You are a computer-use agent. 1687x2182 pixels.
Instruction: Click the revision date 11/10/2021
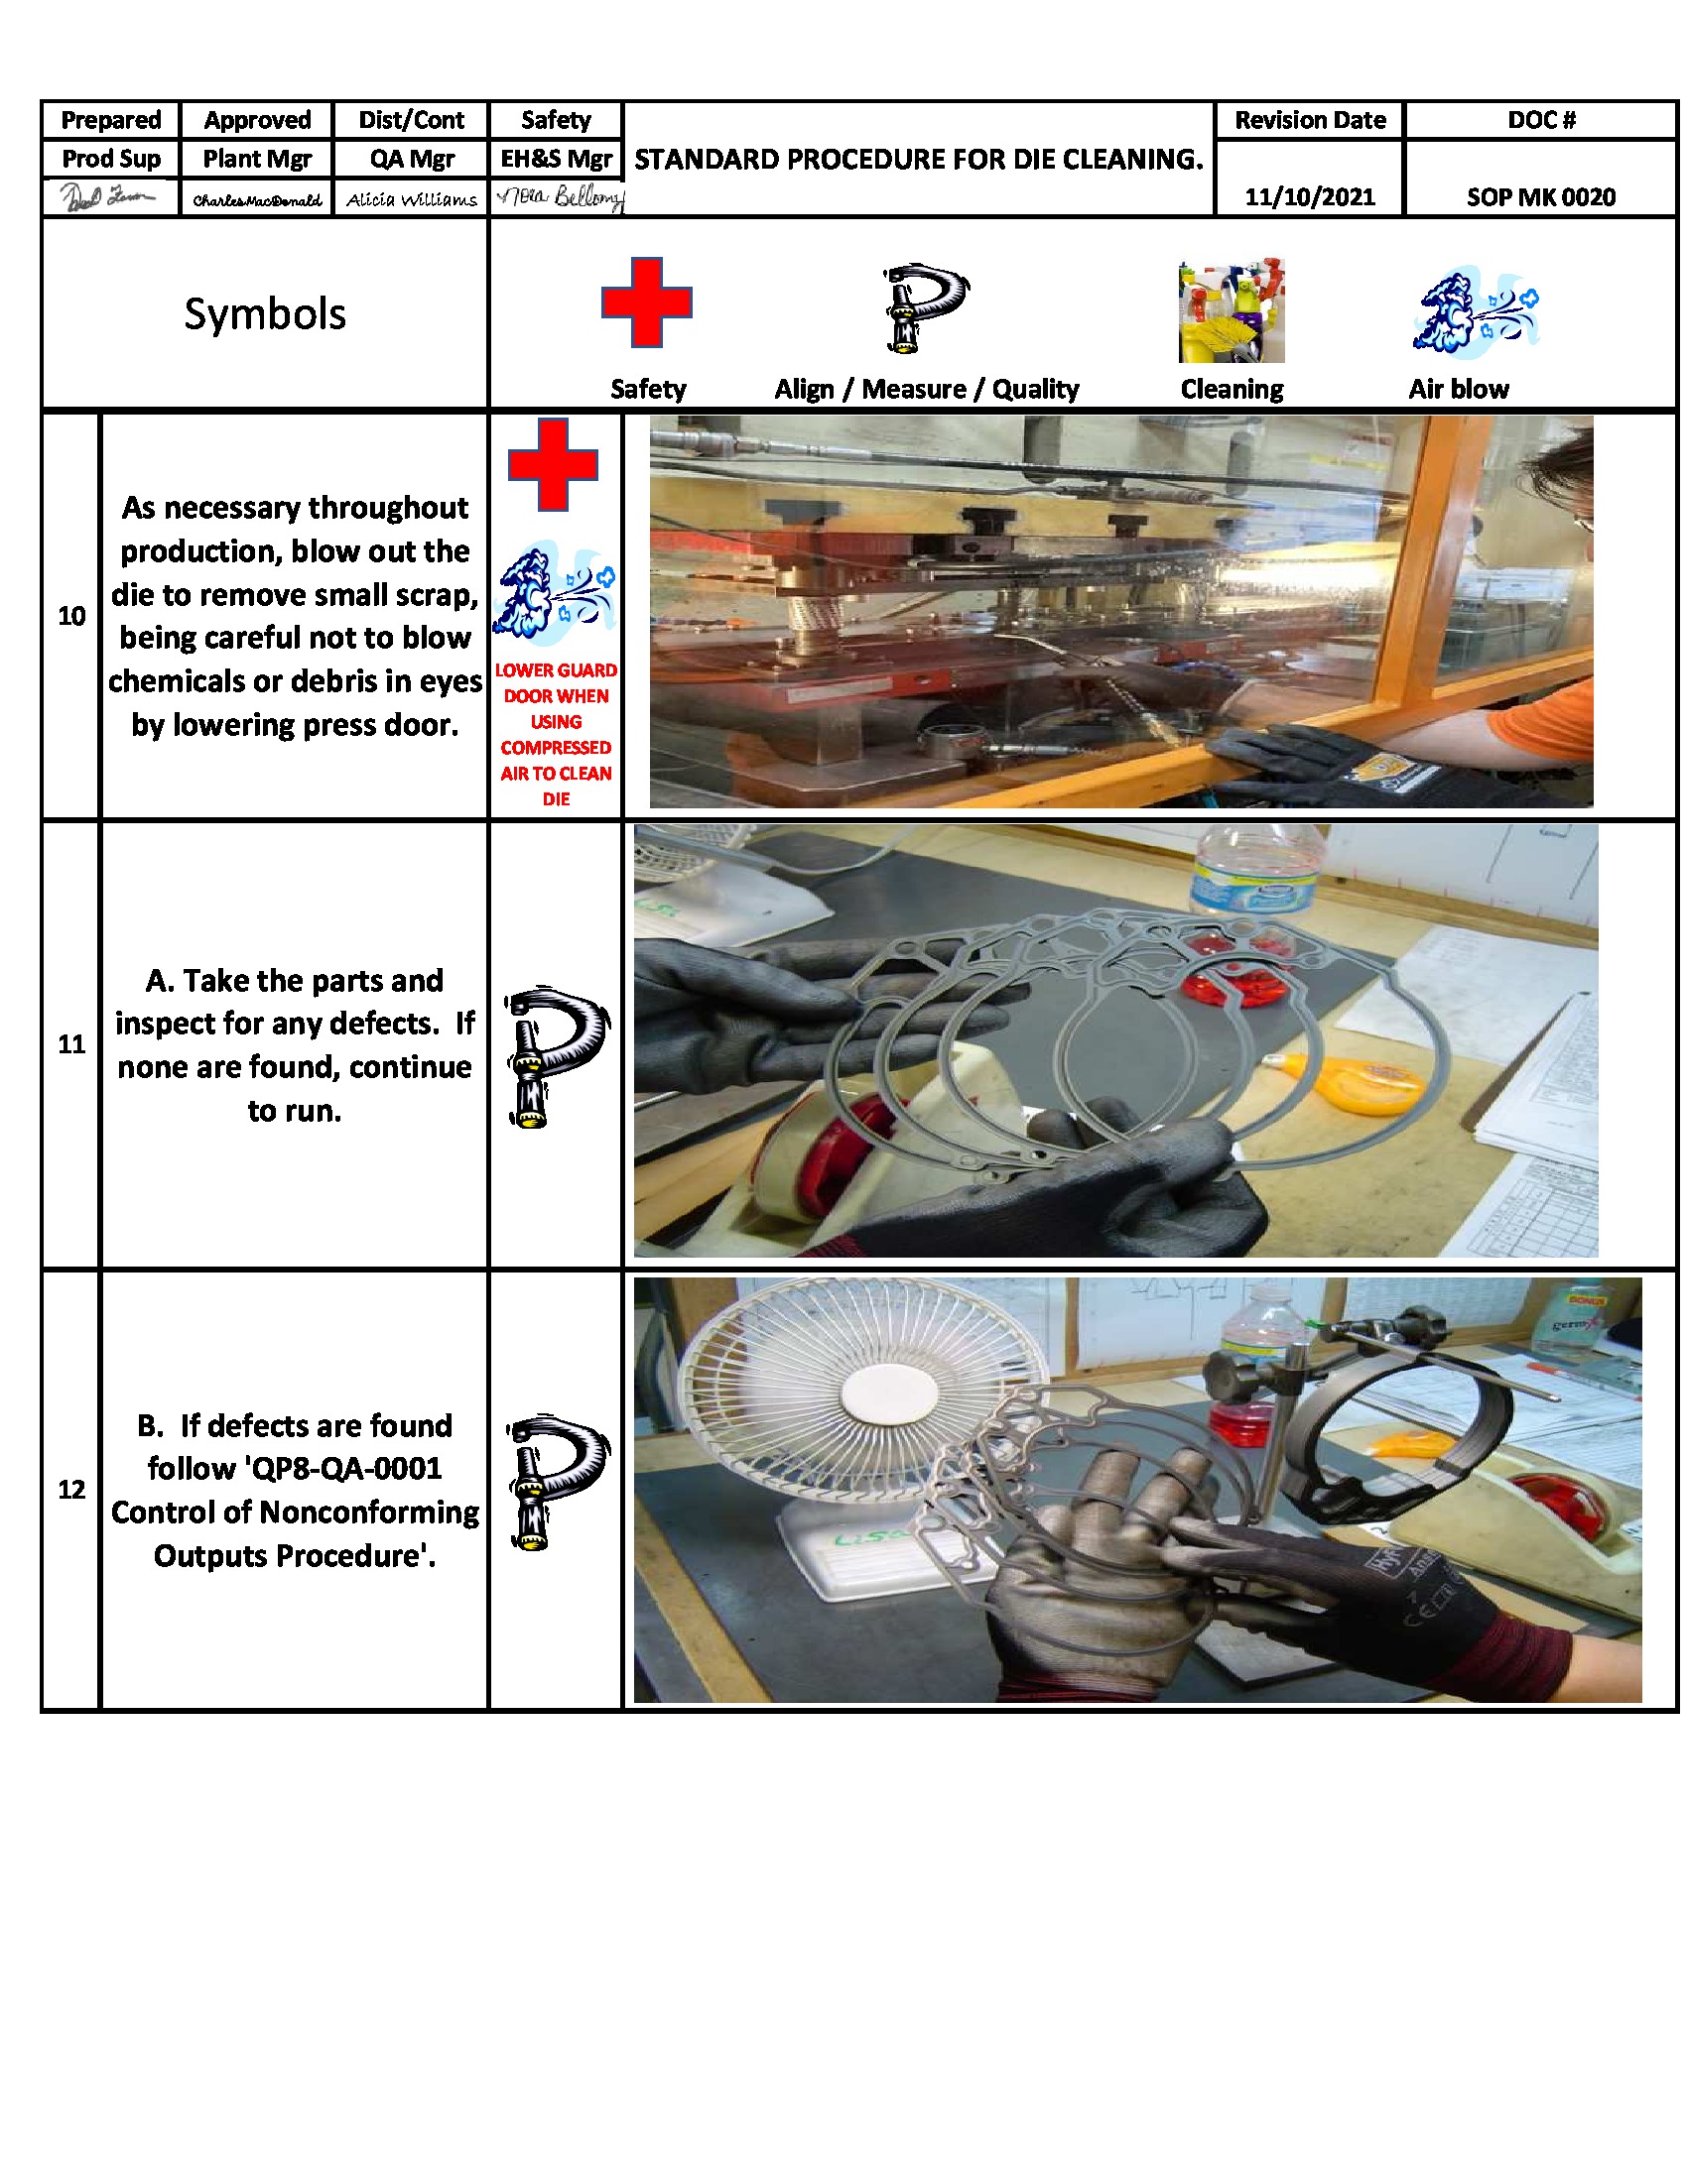(x=1309, y=196)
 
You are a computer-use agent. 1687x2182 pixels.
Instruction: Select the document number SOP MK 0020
(x=1540, y=196)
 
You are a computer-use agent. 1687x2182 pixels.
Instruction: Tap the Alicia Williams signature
(x=411, y=199)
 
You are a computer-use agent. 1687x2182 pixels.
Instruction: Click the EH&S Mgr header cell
(x=556, y=159)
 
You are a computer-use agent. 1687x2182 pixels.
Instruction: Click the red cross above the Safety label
(x=646, y=302)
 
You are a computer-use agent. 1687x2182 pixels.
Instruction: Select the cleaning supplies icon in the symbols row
(x=1231, y=310)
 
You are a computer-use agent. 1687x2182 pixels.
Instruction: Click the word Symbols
(x=265, y=313)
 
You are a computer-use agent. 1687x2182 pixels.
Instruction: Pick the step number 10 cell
(x=71, y=616)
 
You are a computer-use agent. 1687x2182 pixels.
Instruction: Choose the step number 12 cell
(x=71, y=1490)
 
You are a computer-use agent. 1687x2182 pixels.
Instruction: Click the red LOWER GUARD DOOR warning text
(x=556, y=733)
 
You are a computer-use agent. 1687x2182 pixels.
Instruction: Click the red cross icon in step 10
(x=553, y=464)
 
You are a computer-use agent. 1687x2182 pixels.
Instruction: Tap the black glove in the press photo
(x=1299, y=765)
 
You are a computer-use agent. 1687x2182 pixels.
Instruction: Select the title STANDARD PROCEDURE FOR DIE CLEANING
(x=918, y=159)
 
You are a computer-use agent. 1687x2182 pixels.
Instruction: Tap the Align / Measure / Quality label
(x=926, y=389)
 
